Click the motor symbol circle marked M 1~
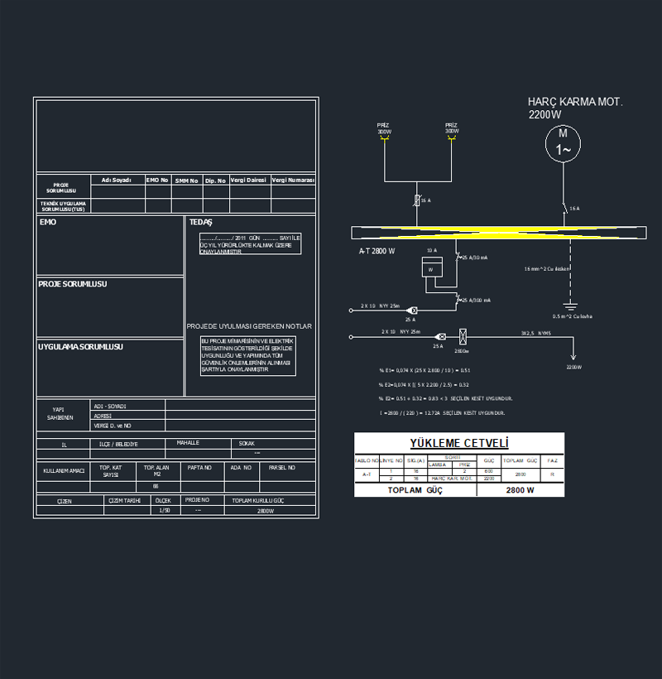tap(563, 142)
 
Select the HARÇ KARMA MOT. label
tap(575, 102)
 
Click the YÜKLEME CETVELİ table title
tap(459, 443)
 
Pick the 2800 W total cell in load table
tap(520, 490)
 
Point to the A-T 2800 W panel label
tap(377, 251)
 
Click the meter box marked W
tap(431, 268)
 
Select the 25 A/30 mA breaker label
tap(474, 258)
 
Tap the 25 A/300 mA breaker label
tap(476, 300)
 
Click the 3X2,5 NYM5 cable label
tap(535, 333)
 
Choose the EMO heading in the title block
tap(48, 222)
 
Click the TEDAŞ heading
tap(201, 222)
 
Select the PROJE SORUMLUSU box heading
tap(73, 284)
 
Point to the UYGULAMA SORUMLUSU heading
tap(80, 347)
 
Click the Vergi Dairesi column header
tap(248, 180)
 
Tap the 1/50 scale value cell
tap(165, 511)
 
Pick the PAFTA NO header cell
tap(199, 468)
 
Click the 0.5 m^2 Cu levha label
tap(572, 315)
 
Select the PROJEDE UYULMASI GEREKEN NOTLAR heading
tap(249, 326)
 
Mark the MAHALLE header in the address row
tap(188, 443)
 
